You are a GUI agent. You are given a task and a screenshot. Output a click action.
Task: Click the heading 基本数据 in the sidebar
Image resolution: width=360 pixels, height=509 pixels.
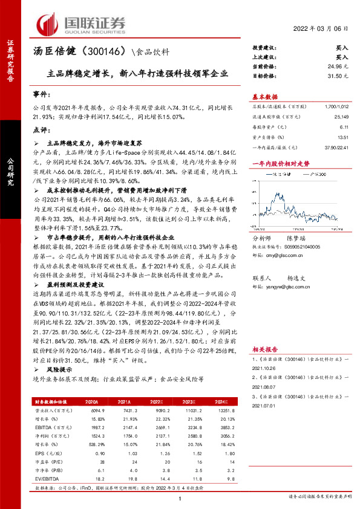point(264,97)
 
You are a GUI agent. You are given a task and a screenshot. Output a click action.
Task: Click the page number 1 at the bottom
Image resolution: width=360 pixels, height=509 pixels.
point(180,499)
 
